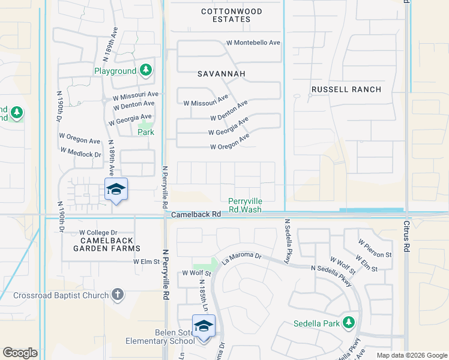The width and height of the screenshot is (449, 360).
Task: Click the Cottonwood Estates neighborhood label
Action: [x=226, y=16]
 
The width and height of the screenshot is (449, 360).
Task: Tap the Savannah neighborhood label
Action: [x=221, y=74]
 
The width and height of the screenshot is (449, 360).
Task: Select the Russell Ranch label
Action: [x=346, y=89]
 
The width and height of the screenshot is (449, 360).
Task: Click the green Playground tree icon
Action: [x=145, y=71]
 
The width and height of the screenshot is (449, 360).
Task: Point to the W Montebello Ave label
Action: [x=253, y=43]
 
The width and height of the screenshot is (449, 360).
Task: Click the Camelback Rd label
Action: [x=191, y=214]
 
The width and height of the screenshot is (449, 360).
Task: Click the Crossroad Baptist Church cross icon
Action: [x=118, y=295]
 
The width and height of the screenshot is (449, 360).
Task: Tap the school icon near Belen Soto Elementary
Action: [x=203, y=326]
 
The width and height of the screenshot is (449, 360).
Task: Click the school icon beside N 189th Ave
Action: [x=116, y=190]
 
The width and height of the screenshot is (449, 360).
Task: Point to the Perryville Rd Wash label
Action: [x=245, y=206]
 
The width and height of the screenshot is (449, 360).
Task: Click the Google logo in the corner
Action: [x=20, y=353]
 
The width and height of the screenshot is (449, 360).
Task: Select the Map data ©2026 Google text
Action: [x=411, y=355]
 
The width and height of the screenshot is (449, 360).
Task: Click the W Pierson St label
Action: [x=375, y=248]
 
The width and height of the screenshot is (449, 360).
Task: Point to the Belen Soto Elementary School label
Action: [x=160, y=337]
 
